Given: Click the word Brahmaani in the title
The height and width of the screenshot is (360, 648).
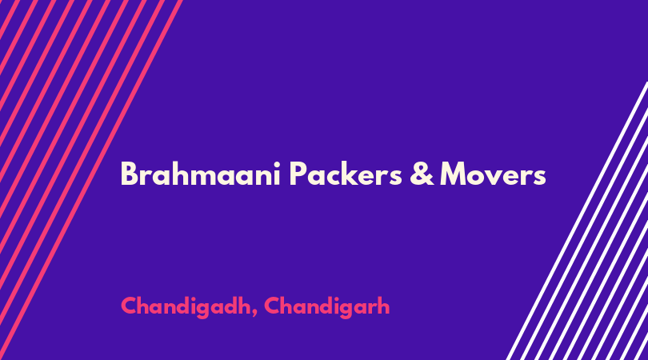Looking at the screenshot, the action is (201, 174).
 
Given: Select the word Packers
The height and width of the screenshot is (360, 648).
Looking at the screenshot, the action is (346, 174).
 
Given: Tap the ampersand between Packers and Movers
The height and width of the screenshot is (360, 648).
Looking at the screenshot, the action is (422, 174).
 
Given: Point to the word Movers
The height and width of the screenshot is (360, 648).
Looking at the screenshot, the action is (493, 174).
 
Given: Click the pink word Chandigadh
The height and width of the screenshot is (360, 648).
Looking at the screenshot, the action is (186, 306).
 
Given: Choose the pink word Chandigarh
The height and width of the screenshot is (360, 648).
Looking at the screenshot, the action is (327, 306).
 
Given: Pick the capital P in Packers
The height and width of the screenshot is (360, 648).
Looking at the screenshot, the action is (298, 174).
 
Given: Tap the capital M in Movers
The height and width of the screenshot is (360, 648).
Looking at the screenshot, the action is (454, 174).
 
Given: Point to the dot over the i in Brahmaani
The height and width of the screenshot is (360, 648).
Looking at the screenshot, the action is (276, 163).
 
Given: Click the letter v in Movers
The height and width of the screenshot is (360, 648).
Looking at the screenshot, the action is (497, 177).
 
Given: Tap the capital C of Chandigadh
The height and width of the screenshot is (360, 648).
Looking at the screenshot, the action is (130, 306).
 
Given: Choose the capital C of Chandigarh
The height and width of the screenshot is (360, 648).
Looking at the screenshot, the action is (273, 306).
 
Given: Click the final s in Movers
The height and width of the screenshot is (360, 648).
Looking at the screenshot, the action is (539, 178).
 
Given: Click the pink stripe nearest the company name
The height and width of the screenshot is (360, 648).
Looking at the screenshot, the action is (91, 179).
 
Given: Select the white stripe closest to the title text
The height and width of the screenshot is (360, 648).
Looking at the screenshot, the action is (576, 222).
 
